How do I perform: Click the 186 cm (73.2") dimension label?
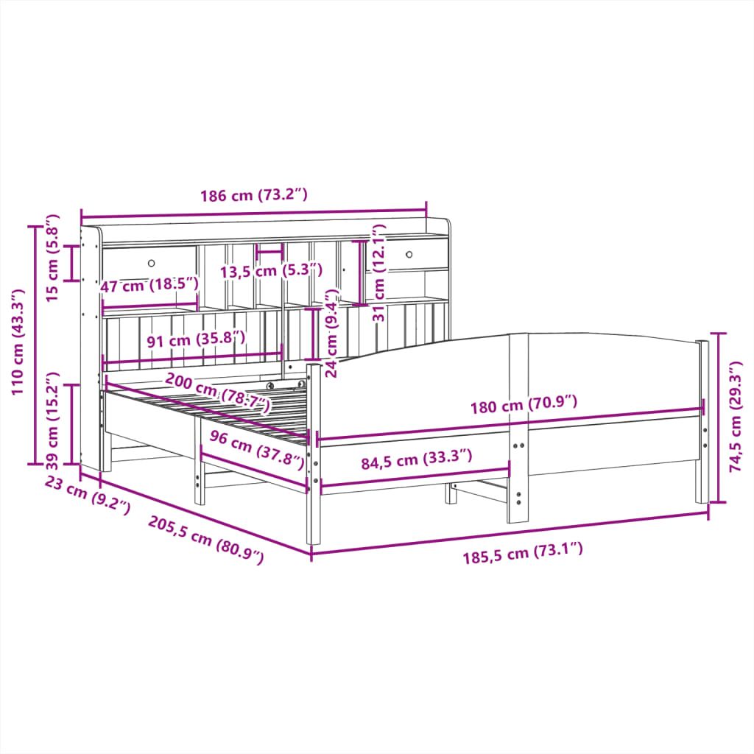tap(253, 196)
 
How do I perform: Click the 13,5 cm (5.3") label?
tap(271, 271)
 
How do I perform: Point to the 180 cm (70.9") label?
tap(524, 404)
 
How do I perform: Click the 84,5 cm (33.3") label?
tap(416, 462)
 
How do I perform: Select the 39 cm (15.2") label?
tap(52, 423)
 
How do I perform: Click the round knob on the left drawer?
tap(152, 263)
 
